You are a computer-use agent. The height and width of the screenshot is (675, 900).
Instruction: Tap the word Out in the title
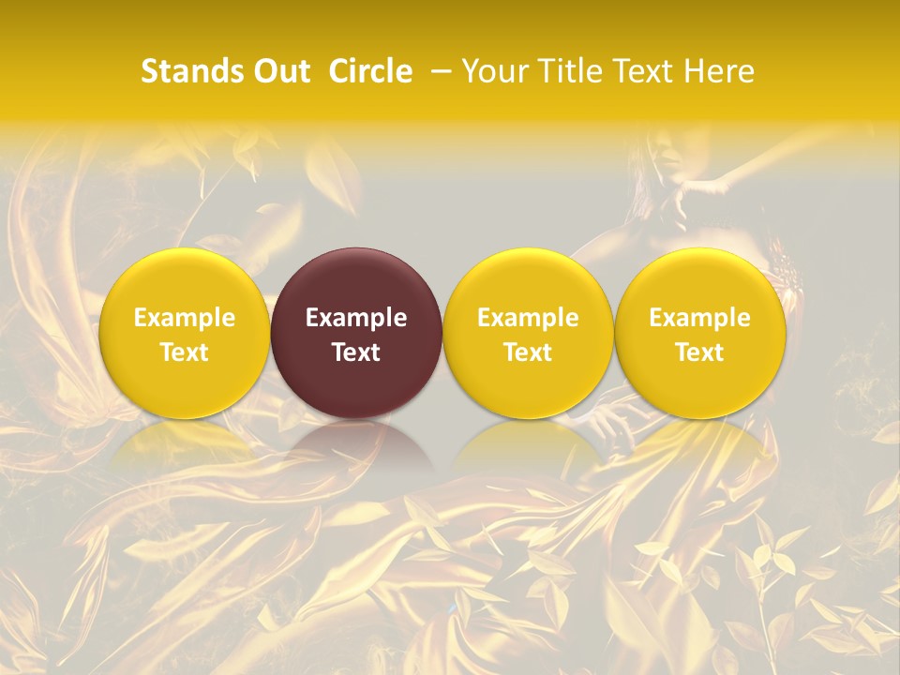[x=279, y=71]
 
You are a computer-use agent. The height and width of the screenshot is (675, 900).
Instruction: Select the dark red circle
[x=356, y=281]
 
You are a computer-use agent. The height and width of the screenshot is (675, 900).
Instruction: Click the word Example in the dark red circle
[x=356, y=318]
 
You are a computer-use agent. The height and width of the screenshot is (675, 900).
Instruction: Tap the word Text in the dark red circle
[x=356, y=352]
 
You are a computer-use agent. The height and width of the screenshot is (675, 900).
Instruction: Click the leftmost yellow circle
[x=184, y=281]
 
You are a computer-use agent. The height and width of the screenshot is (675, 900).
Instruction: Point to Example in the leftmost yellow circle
[x=184, y=318]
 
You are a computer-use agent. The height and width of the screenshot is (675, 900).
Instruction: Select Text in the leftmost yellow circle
[x=184, y=352]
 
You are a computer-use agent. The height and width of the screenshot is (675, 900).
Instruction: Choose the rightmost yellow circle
[x=700, y=281]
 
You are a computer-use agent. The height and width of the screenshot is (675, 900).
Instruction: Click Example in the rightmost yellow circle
[x=700, y=318]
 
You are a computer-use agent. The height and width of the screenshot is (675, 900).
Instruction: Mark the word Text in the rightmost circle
[x=700, y=352]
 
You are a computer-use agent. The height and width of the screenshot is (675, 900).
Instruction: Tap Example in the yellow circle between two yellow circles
[x=528, y=318]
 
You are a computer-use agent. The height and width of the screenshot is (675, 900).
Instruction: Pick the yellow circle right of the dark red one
[x=528, y=281]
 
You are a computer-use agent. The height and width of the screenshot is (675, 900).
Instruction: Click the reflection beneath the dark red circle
[x=356, y=445]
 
